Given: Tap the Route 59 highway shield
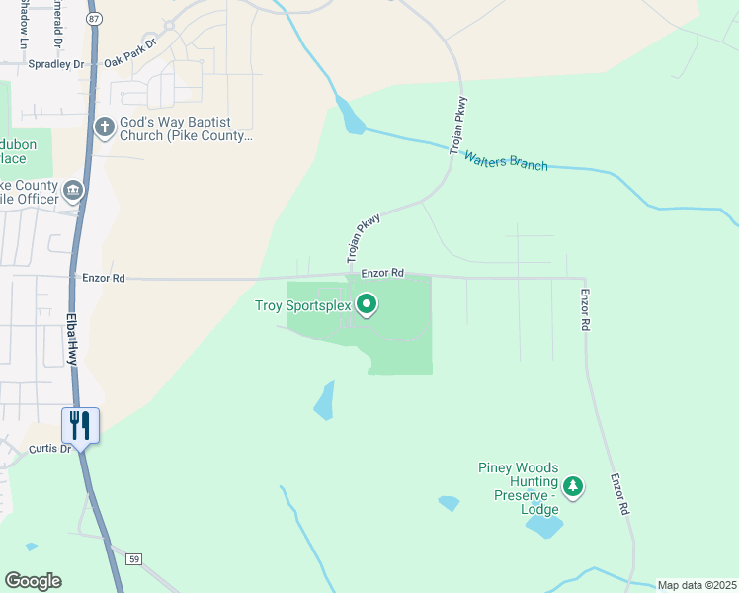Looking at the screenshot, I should click(134, 559).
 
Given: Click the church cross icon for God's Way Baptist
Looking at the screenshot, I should click(104, 127).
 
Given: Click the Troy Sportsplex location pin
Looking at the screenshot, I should click(367, 304).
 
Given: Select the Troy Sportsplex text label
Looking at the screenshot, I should click(303, 306).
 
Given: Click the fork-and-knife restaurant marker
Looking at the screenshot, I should click(79, 426).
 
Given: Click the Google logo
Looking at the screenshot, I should click(33, 580).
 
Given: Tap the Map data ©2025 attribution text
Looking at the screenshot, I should click(696, 585).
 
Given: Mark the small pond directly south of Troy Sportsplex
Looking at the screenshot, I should click(324, 400).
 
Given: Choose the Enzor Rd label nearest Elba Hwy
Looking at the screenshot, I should click(104, 279).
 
